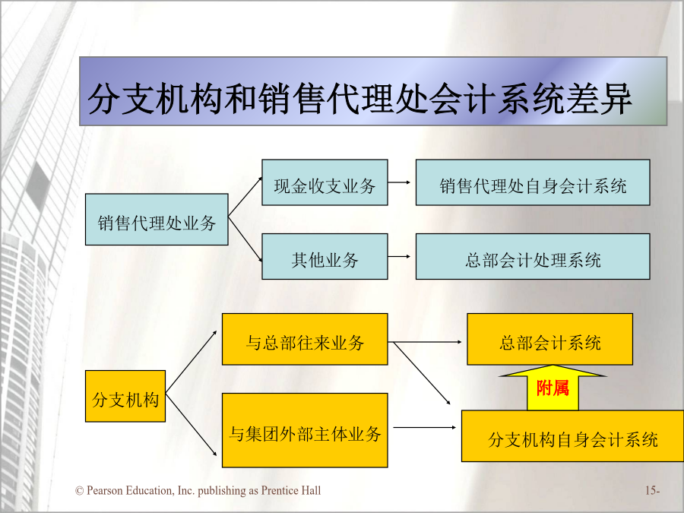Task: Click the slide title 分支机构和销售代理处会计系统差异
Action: [360, 99]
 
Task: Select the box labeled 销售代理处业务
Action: [157, 220]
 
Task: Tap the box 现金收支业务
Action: [325, 182]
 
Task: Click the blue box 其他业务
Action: [325, 257]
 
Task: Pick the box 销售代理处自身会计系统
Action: [533, 182]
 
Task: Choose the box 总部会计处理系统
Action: [533, 257]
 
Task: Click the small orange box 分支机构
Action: [125, 396]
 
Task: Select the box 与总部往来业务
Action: [305, 339]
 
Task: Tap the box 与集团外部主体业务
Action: [305, 431]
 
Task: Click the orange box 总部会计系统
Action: [549, 339]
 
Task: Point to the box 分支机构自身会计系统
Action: [572, 435]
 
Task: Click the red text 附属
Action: [553, 388]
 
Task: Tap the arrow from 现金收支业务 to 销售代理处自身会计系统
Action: [399, 182]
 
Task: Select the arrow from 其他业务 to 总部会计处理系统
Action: [399, 257]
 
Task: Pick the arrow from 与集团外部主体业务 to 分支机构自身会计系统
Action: [425, 427]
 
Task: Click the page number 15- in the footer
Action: [652, 491]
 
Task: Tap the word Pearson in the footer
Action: [105, 491]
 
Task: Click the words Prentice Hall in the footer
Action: [291, 491]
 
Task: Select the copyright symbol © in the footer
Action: [79, 491]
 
